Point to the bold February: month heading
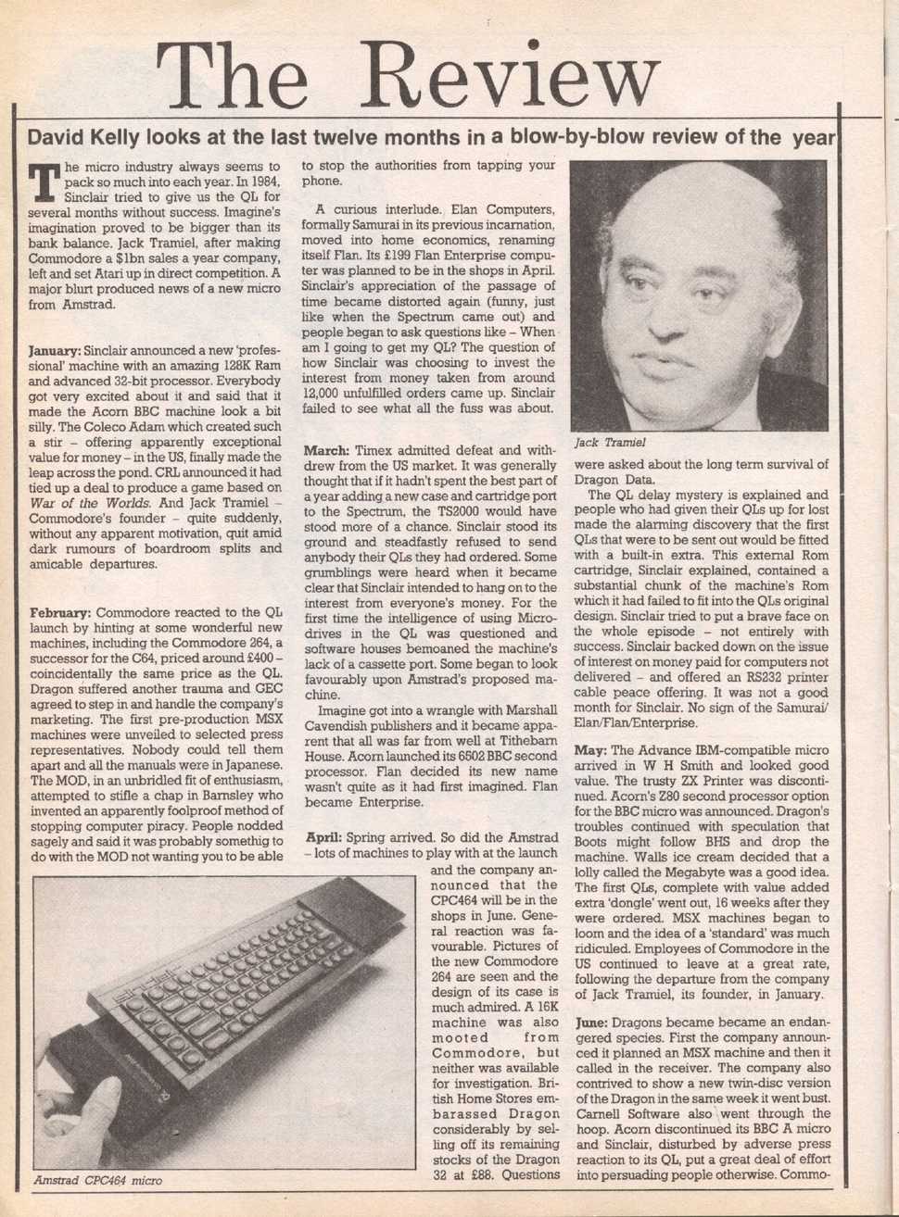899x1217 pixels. [60, 613]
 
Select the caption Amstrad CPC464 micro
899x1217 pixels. [97, 1181]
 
